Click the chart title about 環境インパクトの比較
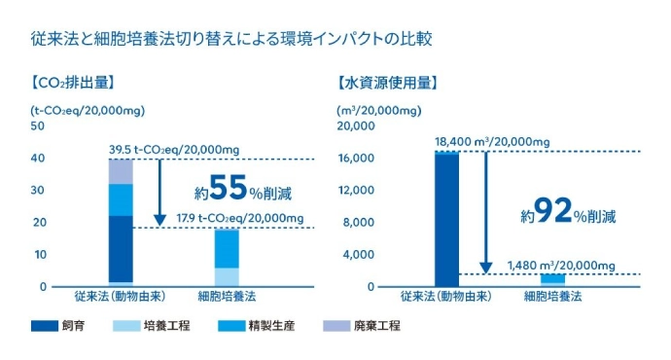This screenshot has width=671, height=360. (x=231, y=41)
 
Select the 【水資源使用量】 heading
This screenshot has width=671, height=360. (x=386, y=84)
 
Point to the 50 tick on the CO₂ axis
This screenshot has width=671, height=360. (x=38, y=126)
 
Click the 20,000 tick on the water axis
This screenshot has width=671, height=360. (x=356, y=126)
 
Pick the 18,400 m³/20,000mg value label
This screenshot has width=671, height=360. (x=493, y=142)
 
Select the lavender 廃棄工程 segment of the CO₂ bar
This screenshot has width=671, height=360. (x=121, y=171)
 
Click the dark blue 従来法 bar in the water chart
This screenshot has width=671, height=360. (x=446, y=219)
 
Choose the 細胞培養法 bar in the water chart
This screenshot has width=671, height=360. (x=552, y=280)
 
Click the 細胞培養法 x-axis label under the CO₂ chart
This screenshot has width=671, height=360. (x=227, y=296)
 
